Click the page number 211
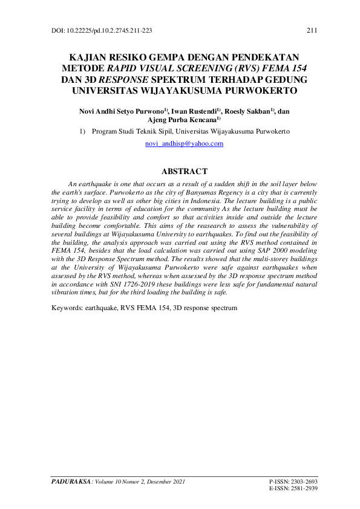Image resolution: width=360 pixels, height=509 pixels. [312, 30]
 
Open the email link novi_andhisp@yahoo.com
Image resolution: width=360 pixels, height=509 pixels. [185, 144]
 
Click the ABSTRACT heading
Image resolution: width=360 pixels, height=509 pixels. [185, 172]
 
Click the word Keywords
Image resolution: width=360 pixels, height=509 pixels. [66, 308]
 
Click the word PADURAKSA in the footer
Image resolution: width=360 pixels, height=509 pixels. [68, 482]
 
